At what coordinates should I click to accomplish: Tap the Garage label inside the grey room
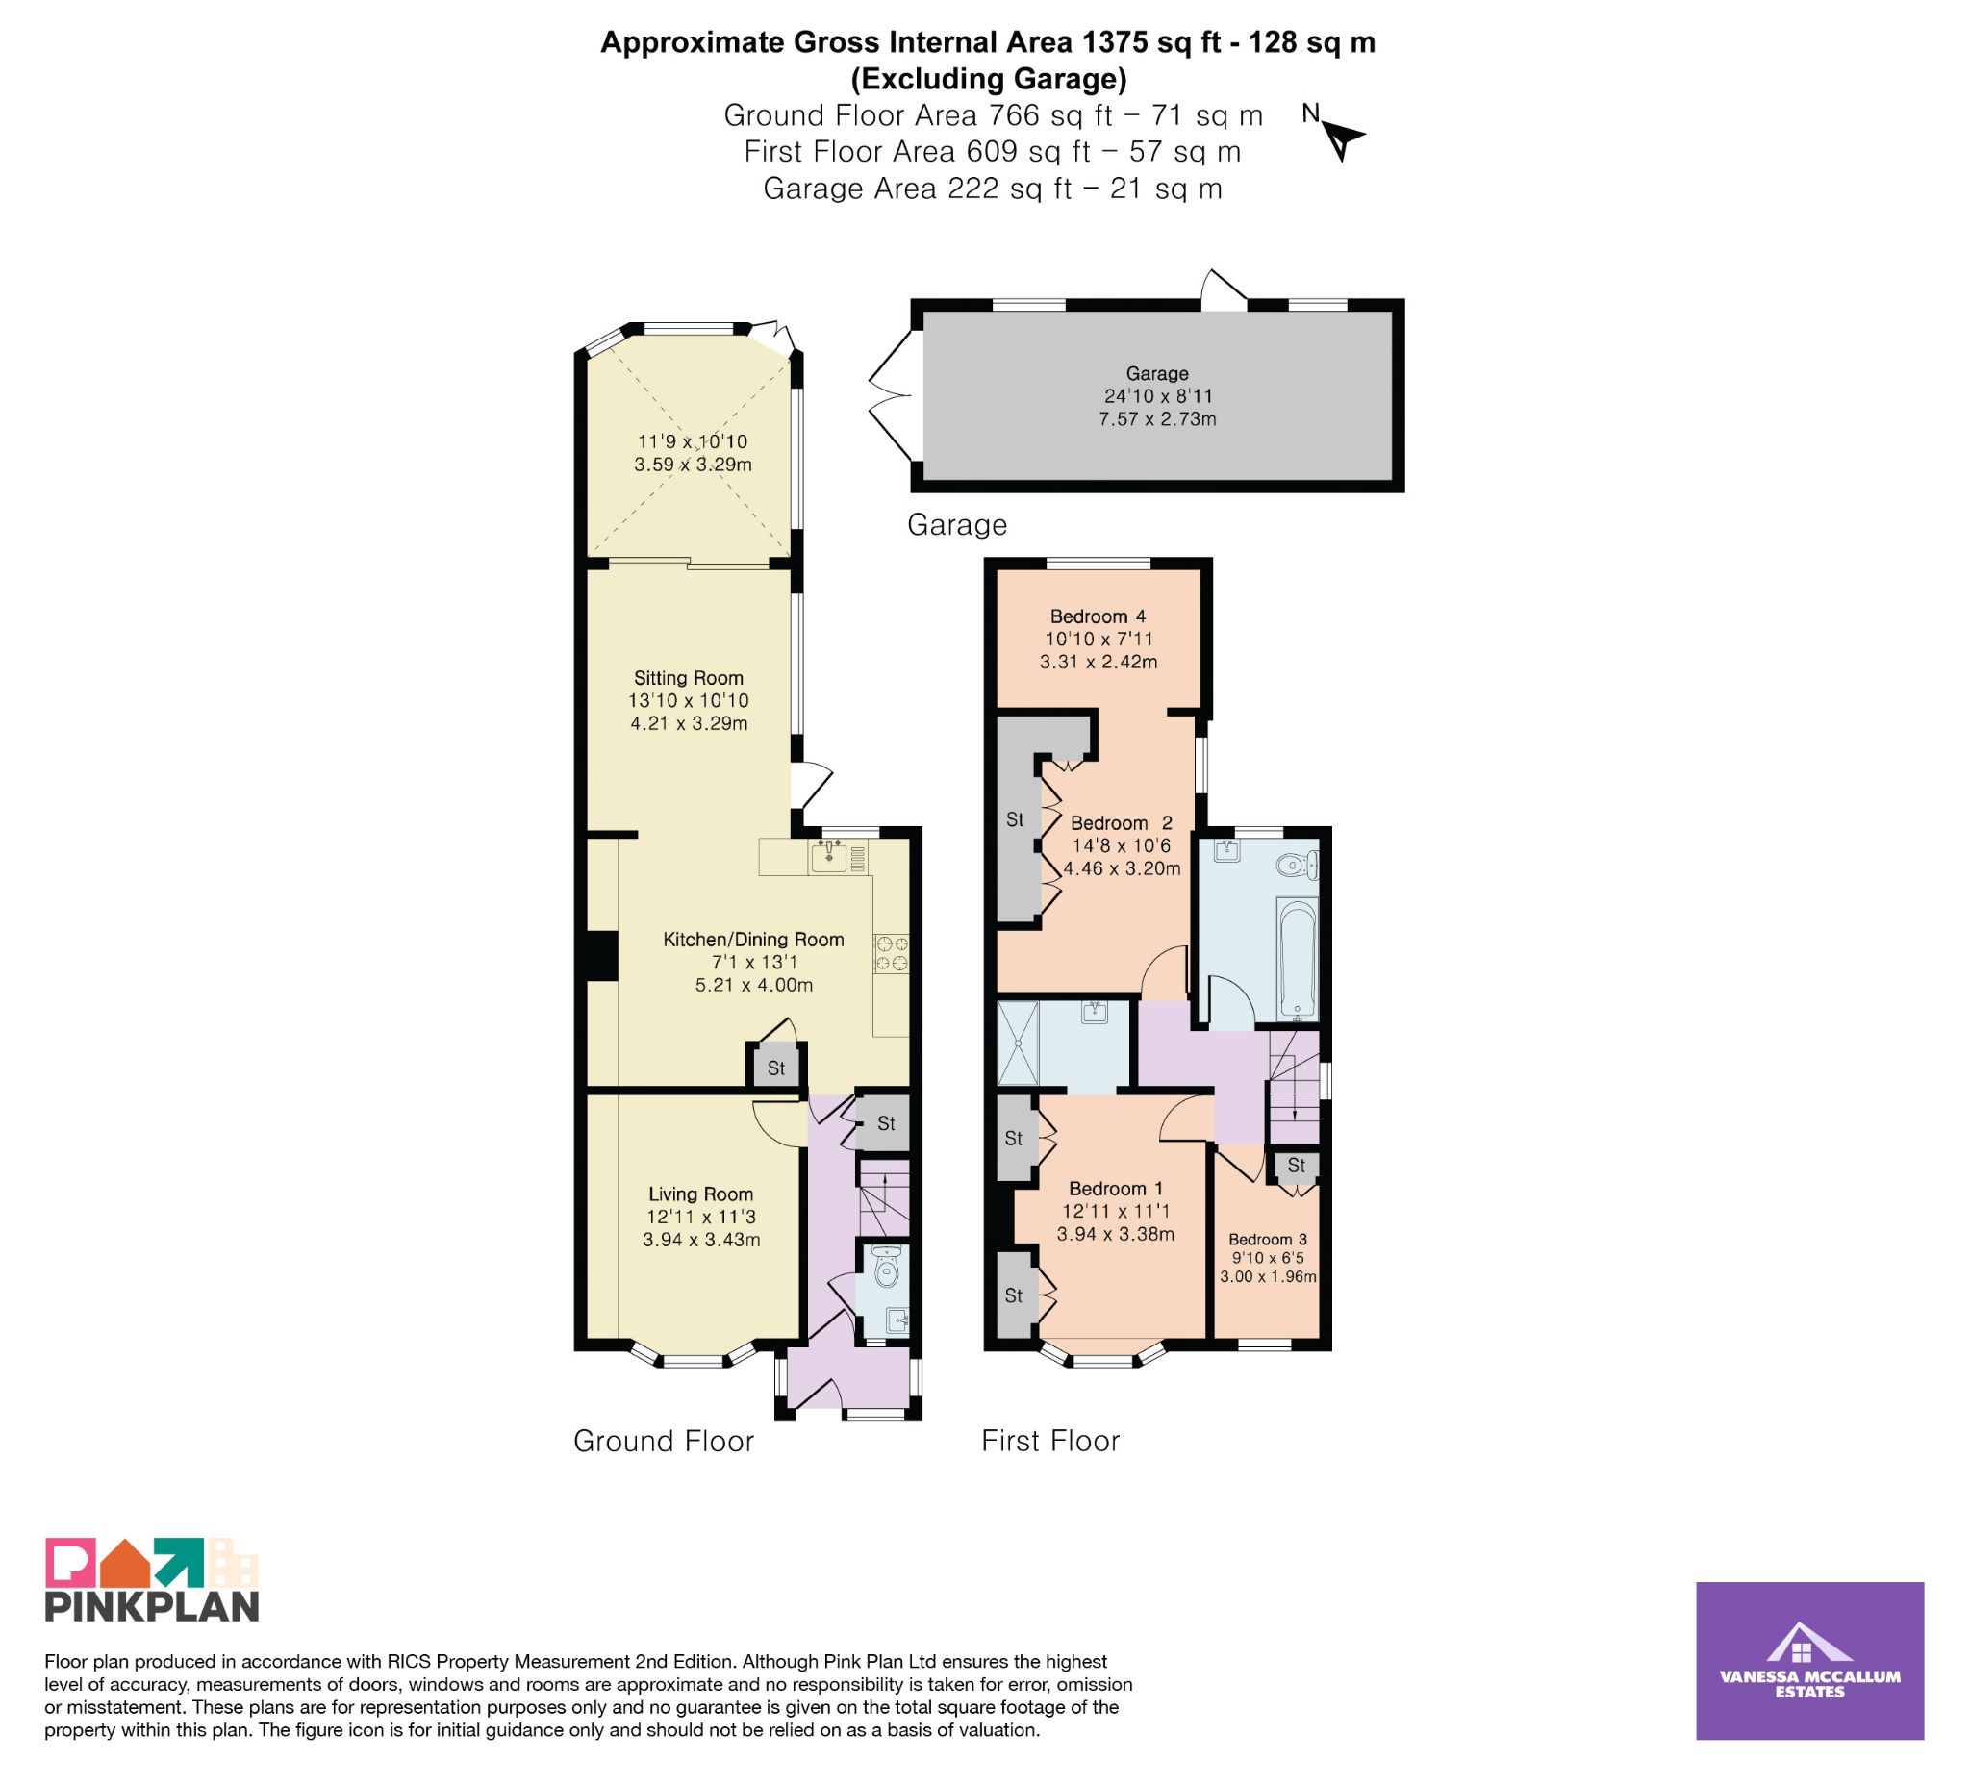(1157, 373)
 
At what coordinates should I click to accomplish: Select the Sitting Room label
(688, 678)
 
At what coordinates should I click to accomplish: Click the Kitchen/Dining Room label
(753, 939)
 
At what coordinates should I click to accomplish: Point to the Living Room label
(700, 1194)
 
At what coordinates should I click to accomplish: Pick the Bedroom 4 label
(1098, 616)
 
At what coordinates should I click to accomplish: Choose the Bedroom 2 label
(1121, 822)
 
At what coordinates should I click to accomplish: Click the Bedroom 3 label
(1268, 1239)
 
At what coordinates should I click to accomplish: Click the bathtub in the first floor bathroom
(1298, 958)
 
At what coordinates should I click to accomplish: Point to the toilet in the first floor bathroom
(1297, 864)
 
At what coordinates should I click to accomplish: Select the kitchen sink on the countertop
(828, 858)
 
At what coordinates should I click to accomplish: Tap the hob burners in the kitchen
(891, 953)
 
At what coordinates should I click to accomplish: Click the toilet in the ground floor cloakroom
(885, 1268)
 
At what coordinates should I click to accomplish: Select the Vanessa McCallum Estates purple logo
(1809, 1661)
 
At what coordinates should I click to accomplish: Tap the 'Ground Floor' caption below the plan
(664, 1441)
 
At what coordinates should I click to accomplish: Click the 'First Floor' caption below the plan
(1050, 1441)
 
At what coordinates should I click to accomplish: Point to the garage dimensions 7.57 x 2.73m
(1157, 419)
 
